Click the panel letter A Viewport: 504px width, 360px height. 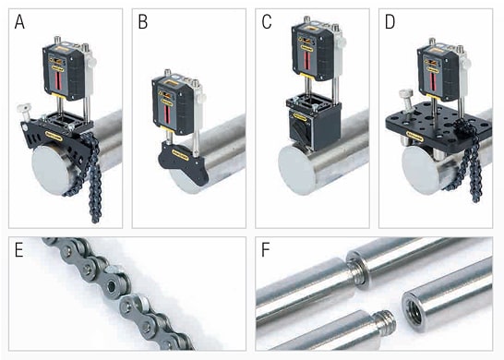pyautogui.click(x=19, y=22)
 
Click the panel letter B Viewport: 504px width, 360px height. pyautogui.click(x=143, y=22)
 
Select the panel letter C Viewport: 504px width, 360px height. pyautogui.click(x=267, y=22)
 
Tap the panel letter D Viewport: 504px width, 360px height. pyautogui.click(x=390, y=22)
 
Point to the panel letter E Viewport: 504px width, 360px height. pyautogui.click(x=19, y=250)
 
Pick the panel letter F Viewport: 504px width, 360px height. pyautogui.click(x=266, y=250)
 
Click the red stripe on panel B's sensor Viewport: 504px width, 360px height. pyautogui.click(x=166, y=115)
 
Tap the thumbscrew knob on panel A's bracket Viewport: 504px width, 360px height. pyautogui.click(x=23, y=107)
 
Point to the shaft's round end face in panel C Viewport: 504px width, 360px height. pyautogui.click(x=296, y=170)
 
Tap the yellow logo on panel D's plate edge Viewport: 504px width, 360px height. pyautogui.click(x=414, y=136)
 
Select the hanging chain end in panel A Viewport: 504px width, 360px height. pyautogui.click(x=94, y=216)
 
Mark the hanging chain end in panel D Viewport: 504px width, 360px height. pyautogui.click(x=476, y=196)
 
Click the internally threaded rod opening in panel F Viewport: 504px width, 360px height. pyautogui.click(x=414, y=311)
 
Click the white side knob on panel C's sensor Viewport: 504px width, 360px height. pyautogui.click(x=342, y=42)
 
